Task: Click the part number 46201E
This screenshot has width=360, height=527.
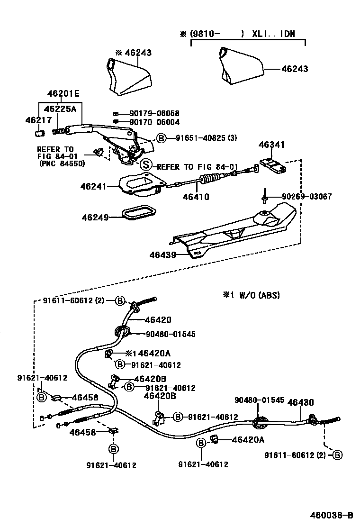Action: click(x=63, y=94)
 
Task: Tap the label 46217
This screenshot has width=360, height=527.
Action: click(x=36, y=121)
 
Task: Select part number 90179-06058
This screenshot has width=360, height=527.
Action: click(x=154, y=114)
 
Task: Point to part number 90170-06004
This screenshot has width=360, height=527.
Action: click(x=154, y=122)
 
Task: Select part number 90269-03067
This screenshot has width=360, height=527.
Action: click(x=307, y=196)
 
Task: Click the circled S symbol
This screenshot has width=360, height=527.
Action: click(x=146, y=165)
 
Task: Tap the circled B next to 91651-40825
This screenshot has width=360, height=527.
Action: click(x=162, y=138)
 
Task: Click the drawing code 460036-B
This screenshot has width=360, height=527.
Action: click(x=332, y=515)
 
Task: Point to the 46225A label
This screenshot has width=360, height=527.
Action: click(x=60, y=109)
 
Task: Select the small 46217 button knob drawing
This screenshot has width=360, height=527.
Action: click(x=40, y=132)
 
